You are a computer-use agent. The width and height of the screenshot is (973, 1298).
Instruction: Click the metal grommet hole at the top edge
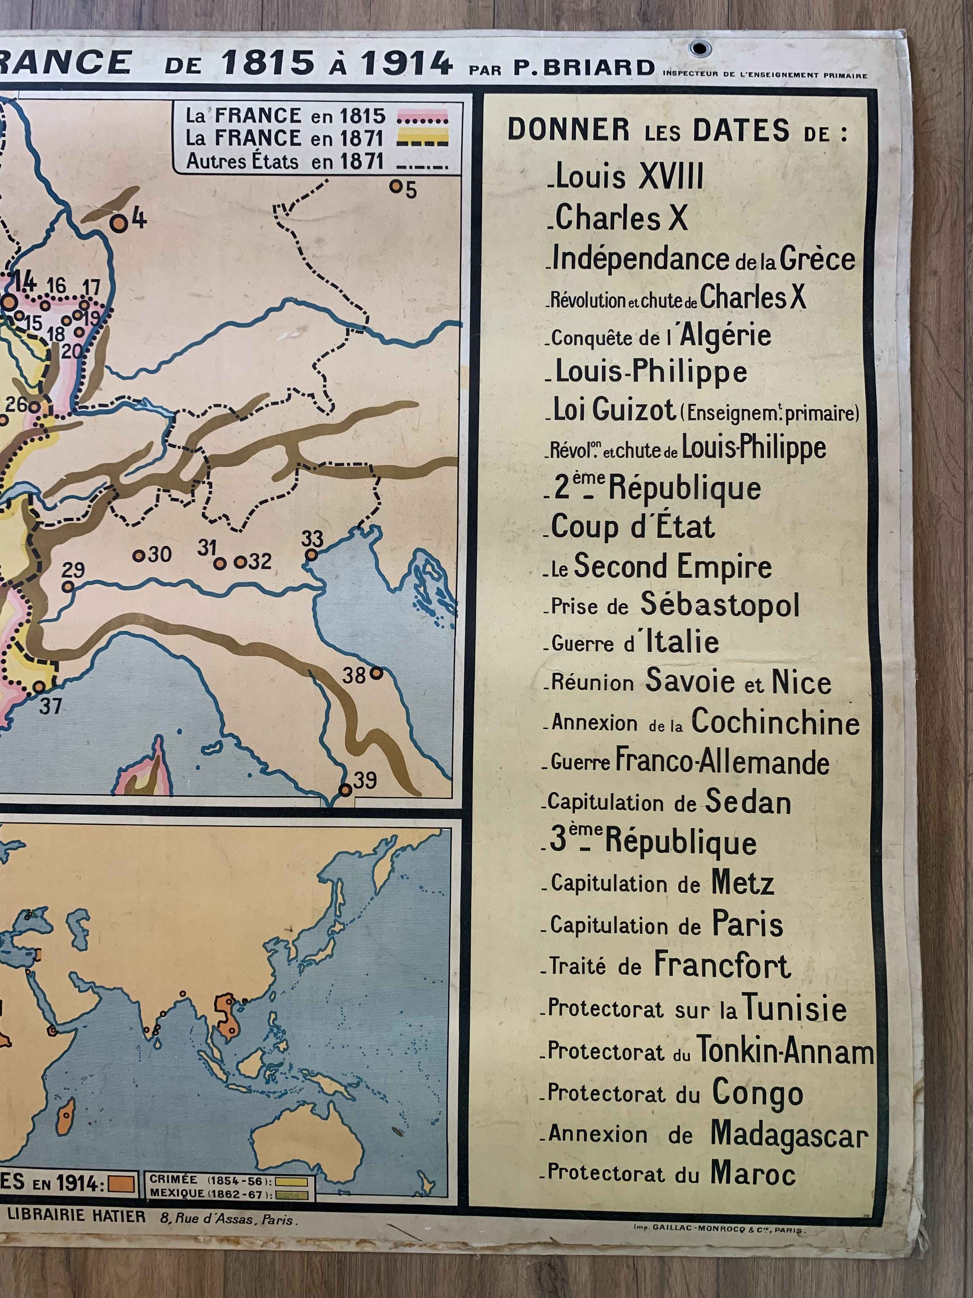(699, 48)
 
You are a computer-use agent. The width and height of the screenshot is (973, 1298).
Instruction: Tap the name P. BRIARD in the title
(584, 68)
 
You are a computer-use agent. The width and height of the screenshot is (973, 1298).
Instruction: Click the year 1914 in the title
(406, 63)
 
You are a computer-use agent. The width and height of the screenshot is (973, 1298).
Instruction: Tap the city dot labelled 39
(346, 790)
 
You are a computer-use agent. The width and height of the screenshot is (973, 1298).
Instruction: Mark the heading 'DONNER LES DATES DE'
(677, 130)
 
